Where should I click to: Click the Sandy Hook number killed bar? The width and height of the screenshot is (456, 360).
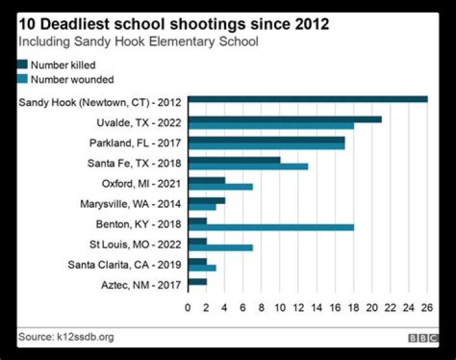click(x=308, y=99)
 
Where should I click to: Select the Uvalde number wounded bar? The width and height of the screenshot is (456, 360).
click(x=271, y=125)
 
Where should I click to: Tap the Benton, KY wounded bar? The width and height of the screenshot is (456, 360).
click(x=271, y=227)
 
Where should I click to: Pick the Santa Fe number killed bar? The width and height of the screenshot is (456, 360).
click(x=234, y=160)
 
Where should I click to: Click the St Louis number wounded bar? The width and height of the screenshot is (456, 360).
click(x=220, y=247)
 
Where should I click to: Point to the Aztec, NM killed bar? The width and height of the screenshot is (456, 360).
click(x=198, y=281)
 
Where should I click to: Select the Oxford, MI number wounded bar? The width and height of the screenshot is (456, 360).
click(x=220, y=186)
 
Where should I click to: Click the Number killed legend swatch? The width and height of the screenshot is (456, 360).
click(x=23, y=65)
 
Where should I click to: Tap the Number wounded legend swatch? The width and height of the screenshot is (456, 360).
click(x=23, y=79)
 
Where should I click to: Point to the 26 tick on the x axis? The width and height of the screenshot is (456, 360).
click(x=427, y=307)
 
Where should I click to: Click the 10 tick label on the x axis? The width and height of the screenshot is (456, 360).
click(x=280, y=307)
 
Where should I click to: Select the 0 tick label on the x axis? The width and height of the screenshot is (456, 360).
click(x=188, y=307)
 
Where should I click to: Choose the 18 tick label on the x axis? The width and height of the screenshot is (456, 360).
click(x=353, y=307)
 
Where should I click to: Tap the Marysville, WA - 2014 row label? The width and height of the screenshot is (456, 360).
click(x=130, y=203)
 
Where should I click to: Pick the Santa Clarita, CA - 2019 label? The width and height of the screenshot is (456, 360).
click(x=124, y=264)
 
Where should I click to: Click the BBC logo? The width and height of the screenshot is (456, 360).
click(x=423, y=338)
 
